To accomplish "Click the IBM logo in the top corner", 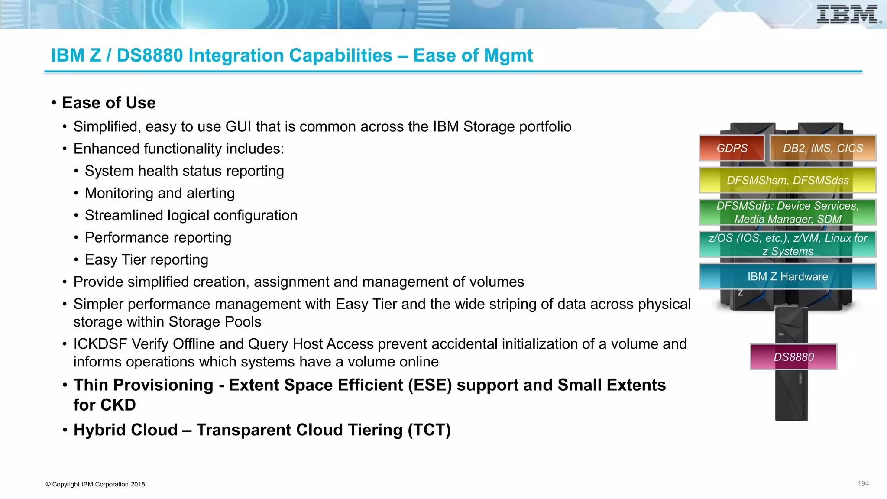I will pyautogui.click(x=848, y=15).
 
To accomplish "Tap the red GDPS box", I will pyautogui.click(x=732, y=148).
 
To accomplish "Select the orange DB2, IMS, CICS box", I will pyautogui.click(x=823, y=148).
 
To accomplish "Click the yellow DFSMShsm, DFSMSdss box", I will pyautogui.click(x=787, y=180).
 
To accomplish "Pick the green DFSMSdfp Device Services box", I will pyautogui.click(x=787, y=212).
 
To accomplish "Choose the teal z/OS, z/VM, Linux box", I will pyautogui.click(x=787, y=244).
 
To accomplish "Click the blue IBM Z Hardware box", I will pyautogui.click(x=787, y=276).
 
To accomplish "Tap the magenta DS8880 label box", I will pyautogui.click(x=793, y=357).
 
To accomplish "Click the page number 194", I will pyautogui.click(x=863, y=483).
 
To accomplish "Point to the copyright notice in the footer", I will pyautogui.click(x=96, y=484).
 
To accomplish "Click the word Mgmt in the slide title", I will pyautogui.click(x=508, y=55).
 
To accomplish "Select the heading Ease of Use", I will pyautogui.click(x=109, y=103).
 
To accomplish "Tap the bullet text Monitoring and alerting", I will pyautogui.click(x=159, y=193).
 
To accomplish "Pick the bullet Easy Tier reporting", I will pyautogui.click(x=146, y=260).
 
